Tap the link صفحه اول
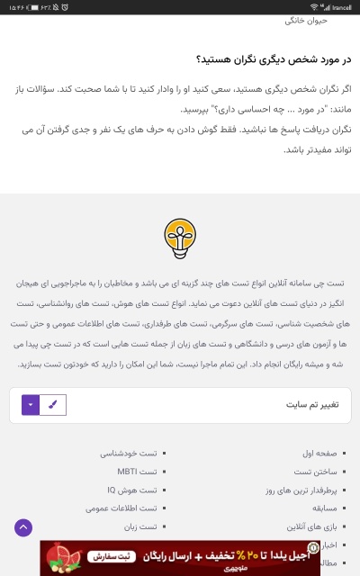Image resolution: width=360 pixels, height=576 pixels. [x=319, y=453]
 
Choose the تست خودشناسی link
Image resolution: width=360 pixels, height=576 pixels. [x=130, y=453]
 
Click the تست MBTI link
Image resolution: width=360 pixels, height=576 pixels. [x=137, y=472]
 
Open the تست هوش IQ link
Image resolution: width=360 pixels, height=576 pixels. [x=132, y=490]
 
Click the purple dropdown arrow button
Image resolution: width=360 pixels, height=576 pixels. [x=31, y=405]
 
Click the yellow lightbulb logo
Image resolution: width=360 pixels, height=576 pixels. [x=180, y=236]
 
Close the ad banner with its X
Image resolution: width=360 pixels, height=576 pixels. [x=46, y=545]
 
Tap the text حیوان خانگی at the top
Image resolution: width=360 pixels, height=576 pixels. [x=331, y=20]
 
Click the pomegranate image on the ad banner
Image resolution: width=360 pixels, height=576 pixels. [x=61, y=558]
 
